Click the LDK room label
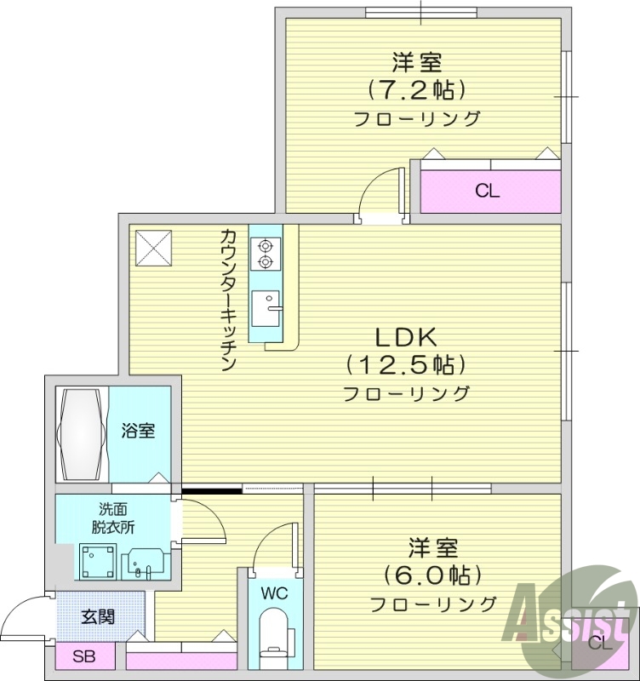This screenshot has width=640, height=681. (403, 334)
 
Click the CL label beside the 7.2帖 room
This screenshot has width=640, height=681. (487, 192)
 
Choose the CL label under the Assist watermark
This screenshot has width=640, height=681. (599, 643)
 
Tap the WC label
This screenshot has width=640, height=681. (274, 591)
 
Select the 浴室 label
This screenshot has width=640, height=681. (140, 432)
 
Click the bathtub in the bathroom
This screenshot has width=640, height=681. (83, 434)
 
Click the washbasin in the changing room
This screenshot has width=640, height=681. (145, 563)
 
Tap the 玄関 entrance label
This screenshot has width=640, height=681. (98, 616)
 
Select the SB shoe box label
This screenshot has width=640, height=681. (83, 656)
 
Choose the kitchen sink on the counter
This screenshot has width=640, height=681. (267, 306)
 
